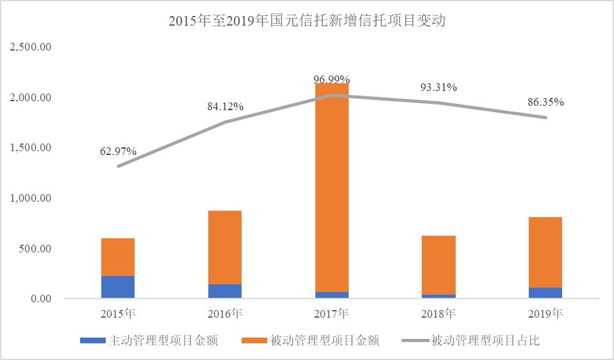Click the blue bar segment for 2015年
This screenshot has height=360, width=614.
(118, 287)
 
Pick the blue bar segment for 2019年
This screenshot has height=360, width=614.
(545, 293)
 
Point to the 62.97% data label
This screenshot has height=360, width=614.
(118, 152)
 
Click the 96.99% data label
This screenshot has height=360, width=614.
(331, 79)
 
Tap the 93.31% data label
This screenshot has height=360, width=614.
(438, 88)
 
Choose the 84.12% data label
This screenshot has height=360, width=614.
(225, 107)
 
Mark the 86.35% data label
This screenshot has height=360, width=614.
(545, 102)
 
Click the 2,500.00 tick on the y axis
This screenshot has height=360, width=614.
(31, 47)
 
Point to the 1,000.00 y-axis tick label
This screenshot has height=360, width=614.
(31, 199)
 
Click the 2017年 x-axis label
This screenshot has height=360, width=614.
(331, 314)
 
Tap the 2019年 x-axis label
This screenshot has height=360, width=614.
(545, 314)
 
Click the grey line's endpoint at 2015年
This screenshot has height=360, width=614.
(118, 167)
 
